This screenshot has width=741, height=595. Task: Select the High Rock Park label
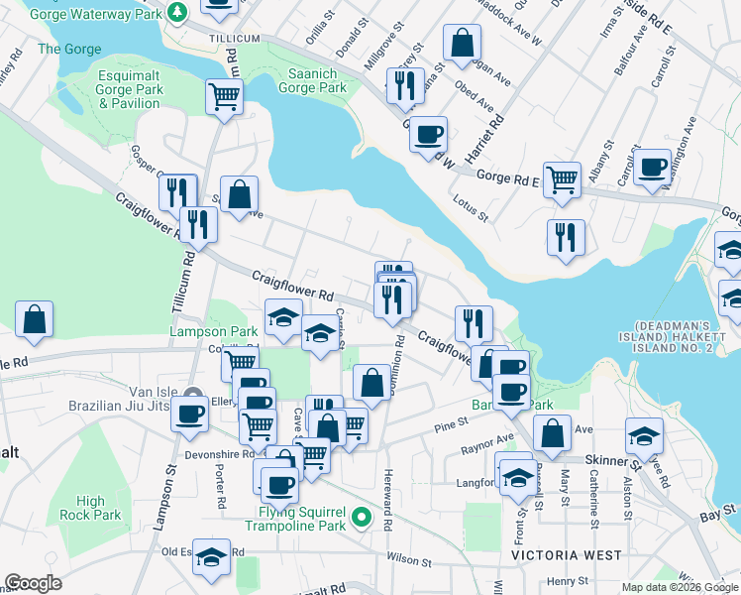(x=90, y=508)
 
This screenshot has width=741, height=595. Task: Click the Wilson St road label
(x=409, y=561)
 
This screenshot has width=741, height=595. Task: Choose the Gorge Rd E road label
(x=506, y=178)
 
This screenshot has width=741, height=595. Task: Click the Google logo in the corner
(x=33, y=583)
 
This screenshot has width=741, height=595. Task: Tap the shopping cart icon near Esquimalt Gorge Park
(x=225, y=97)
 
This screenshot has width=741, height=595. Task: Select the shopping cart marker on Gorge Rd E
(x=562, y=178)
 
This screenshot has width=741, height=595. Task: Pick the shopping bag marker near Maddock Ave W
(x=462, y=43)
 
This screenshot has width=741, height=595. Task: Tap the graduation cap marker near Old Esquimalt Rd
(x=211, y=558)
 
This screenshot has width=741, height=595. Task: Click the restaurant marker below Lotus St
(x=566, y=237)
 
